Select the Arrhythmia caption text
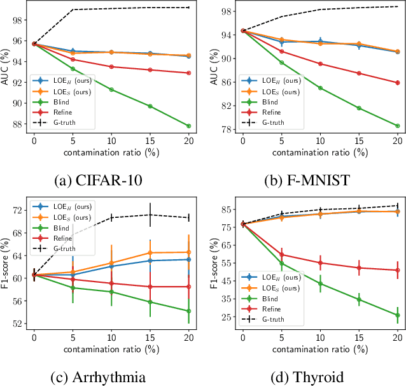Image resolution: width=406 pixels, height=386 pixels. click(x=98, y=377)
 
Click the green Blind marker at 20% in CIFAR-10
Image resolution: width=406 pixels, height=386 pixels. click(x=188, y=126)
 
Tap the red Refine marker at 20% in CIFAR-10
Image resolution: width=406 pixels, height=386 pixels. click(x=188, y=73)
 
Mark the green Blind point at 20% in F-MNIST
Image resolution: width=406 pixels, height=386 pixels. click(x=397, y=126)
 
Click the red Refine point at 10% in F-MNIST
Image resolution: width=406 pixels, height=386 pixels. click(x=320, y=64)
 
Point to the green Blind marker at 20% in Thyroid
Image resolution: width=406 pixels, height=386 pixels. click(x=397, y=315)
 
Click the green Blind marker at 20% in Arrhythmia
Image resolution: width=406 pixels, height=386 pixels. click(x=188, y=311)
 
